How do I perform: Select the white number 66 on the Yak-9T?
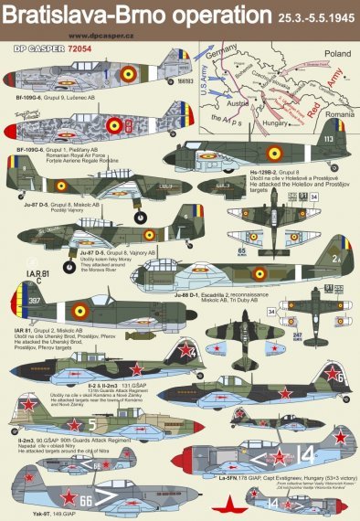coord(110,501)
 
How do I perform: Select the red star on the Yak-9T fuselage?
coord(68,498)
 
